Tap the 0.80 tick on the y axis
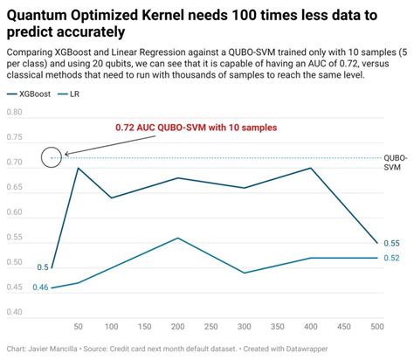click(15, 113)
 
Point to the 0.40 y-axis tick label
click(15, 311)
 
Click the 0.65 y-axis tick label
click(15, 187)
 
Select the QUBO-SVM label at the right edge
click(396, 163)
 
